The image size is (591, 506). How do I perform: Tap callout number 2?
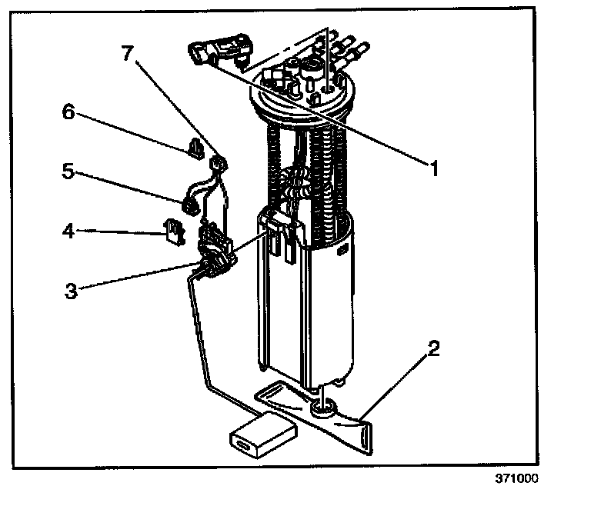point(433,349)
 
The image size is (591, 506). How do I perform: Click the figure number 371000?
point(517,478)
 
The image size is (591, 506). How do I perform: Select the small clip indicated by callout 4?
point(173,230)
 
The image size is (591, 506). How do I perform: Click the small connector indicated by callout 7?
point(219,162)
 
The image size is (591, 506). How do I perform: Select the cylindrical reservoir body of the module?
point(308,308)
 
